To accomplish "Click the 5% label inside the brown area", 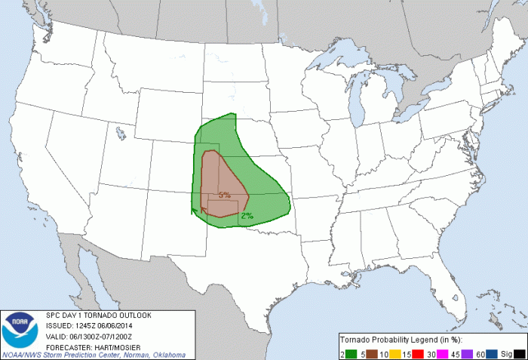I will pyautogui.click(x=224, y=195).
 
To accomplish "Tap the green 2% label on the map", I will pyautogui.click(x=247, y=216).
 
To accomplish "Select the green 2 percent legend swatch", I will pyautogui.click(x=350, y=353).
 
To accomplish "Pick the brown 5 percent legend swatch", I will pyautogui.click(x=370, y=353).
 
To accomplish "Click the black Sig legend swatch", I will pyautogui.click(x=520, y=353).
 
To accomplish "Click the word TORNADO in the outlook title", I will pyautogui.click(x=98, y=315).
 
